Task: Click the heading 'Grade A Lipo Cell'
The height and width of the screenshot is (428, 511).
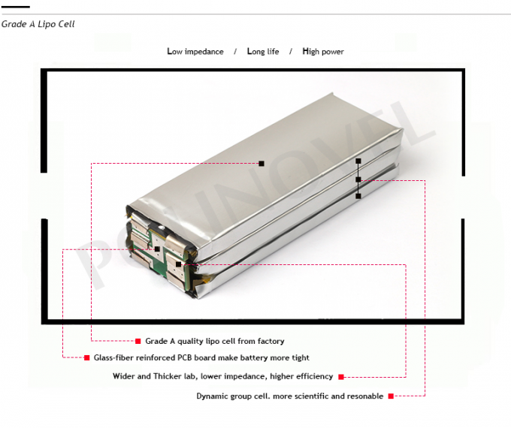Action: (38, 24)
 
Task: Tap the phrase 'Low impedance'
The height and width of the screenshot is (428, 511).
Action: (195, 51)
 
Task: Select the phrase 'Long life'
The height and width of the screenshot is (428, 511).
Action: (263, 51)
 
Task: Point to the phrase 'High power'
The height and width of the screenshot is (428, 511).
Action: (323, 51)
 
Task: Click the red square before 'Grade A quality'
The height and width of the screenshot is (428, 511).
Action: (138, 341)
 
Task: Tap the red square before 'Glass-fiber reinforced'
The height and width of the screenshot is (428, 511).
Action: (86, 358)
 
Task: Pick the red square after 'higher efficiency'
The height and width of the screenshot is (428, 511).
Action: (341, 377)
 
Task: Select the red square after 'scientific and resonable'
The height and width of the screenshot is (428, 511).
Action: (391, 396)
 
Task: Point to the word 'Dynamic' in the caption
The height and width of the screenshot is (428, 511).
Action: (214, 396)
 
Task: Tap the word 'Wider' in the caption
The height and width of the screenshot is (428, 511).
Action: (125, 377)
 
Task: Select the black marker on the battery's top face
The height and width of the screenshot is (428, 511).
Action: (262, 163)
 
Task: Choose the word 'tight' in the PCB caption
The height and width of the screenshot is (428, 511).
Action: (299, 358)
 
